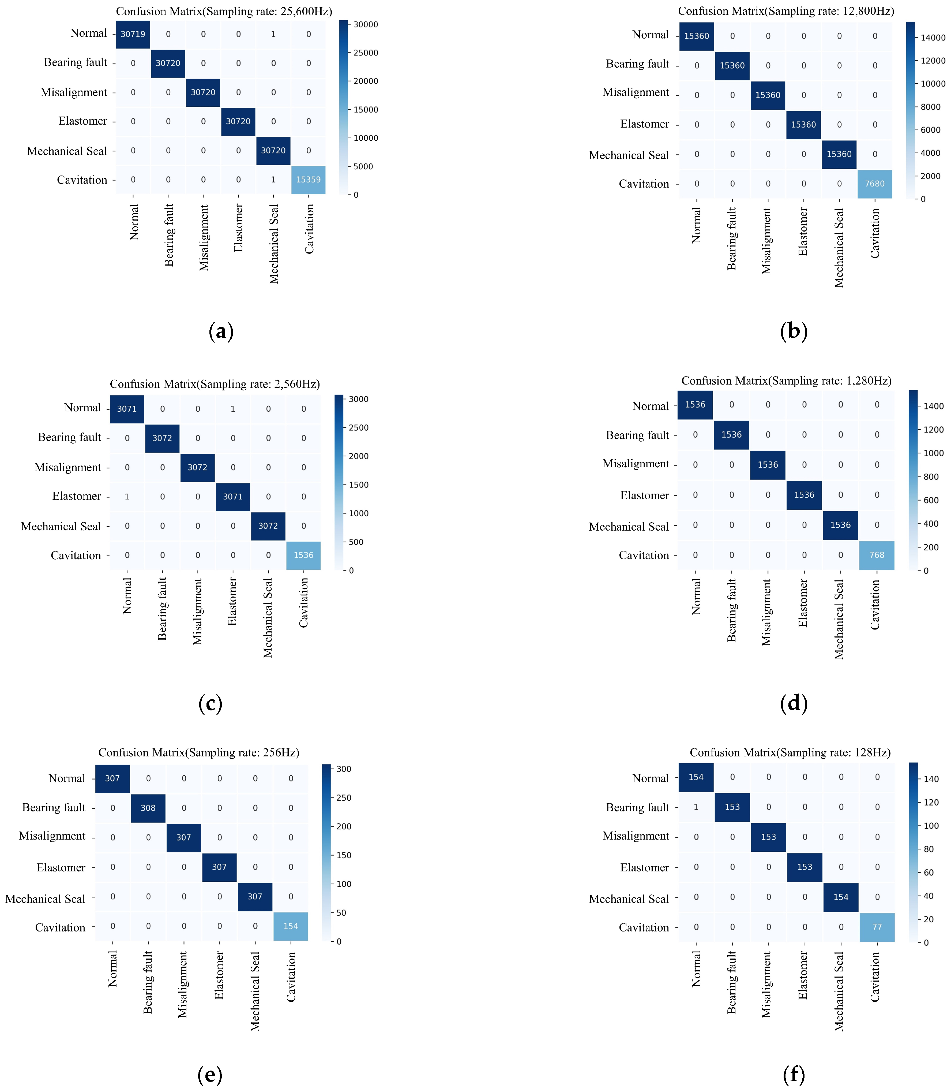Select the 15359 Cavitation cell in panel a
tap(308, 180)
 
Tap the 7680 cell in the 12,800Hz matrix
tap(875, 184)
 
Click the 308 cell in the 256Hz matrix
tap(148, 807)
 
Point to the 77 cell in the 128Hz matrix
tap(877, 927)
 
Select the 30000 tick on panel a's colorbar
tap(366, 24)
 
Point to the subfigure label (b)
tap(794, 331)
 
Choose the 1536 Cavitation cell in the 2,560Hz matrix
tap(303, 555)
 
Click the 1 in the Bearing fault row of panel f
tap(696, 807)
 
